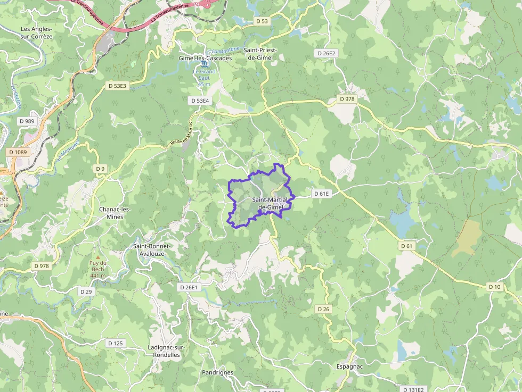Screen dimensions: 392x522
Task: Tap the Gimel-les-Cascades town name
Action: [x=205, y=58]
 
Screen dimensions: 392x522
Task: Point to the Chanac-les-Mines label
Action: [x=115, y=213]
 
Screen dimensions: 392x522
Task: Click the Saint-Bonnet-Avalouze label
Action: [x=152, y=249]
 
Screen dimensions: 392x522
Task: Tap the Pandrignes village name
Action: [x=217, y=372]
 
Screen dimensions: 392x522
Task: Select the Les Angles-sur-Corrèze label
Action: [x=37, y=32]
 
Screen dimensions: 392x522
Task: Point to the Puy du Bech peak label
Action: [x=98, y=269]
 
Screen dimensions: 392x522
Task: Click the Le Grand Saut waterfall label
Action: [x=204, y=78]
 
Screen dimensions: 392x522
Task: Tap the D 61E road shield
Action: [x=322, y=194]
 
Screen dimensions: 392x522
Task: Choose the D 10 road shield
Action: [x=495, y=287]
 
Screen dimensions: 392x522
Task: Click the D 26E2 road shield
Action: [x=327, y=53]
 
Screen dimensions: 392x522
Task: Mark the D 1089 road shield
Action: [x=18, y=152]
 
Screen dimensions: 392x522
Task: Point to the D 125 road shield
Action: [x=115, y=343]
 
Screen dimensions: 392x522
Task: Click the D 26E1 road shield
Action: [x=189, y=287]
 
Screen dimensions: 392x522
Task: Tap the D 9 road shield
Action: [x=100, y=169]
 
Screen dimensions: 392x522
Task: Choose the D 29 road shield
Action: [x=86, y=291]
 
